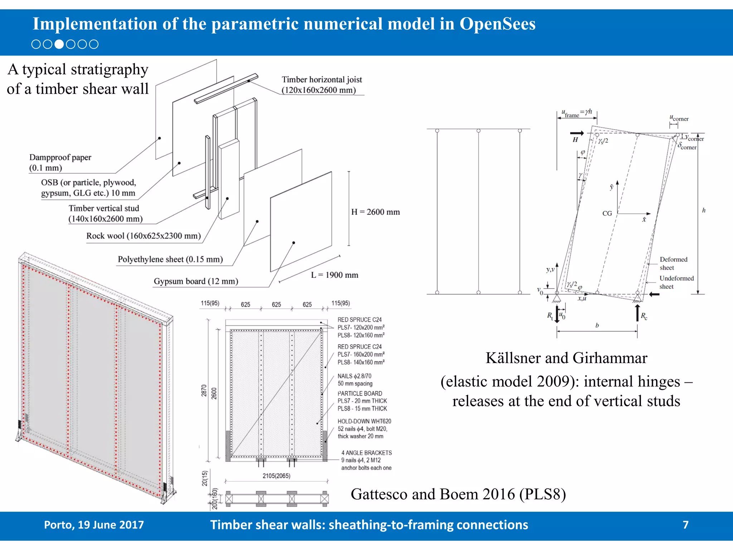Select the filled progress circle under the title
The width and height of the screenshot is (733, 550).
pyautogui.click(x=59, y=44)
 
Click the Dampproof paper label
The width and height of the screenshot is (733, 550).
pyautogui.click(x=60, y=162)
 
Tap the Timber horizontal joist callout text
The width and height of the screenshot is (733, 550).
pyautogui.click(x=321, y=85)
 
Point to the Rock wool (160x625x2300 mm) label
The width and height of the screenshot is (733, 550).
pyautogui.click(x=143, y=236)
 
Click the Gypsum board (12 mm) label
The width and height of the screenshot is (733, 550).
pyautogui.click(x=196, y=281)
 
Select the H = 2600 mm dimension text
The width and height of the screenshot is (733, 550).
pyautogui.click(x=375, y=212)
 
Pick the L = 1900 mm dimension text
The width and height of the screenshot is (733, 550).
pyautogui.click(x=334, y=275)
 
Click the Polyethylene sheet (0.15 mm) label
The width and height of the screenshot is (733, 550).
pyautogui.click(x=170, y=259)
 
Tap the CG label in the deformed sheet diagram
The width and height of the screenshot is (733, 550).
pyautogui.click(x=607, y=213)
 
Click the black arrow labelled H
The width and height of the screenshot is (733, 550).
pyautogui.click(x=577, y=133)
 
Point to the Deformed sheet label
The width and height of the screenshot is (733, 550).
pyautogui.click(x=673, y=263)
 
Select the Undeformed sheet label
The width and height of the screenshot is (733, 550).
pyautogui.click(x=676, y=282)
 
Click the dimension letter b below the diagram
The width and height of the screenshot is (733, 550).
pyautogui.click(x=597, y=325)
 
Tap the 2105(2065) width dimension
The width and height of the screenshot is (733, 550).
pyautogui.click(x=276, y=476)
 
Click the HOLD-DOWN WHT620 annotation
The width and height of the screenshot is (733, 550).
pyautogui.click(x=364, y=421)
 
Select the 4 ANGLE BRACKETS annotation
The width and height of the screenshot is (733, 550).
pyautogui.click(x=366, y=453)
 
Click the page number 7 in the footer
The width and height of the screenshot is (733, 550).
pyautogui.click(x=685, y=525)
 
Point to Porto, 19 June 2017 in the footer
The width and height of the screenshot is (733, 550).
pyautogui.click(x=94, y=525)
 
